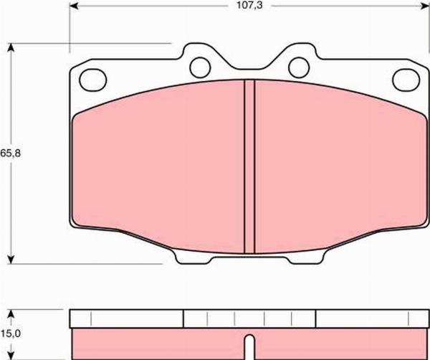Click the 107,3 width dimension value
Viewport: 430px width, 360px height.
249,6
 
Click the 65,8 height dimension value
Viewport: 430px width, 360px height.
11,153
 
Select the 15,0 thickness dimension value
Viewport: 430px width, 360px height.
11,333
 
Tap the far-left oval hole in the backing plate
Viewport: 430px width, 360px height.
92,80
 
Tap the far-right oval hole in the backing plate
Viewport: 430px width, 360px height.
406,80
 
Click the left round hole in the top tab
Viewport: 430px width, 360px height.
200,67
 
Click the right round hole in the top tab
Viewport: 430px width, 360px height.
299,67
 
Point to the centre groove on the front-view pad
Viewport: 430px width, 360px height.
249,166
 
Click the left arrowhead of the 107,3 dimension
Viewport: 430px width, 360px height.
74,6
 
